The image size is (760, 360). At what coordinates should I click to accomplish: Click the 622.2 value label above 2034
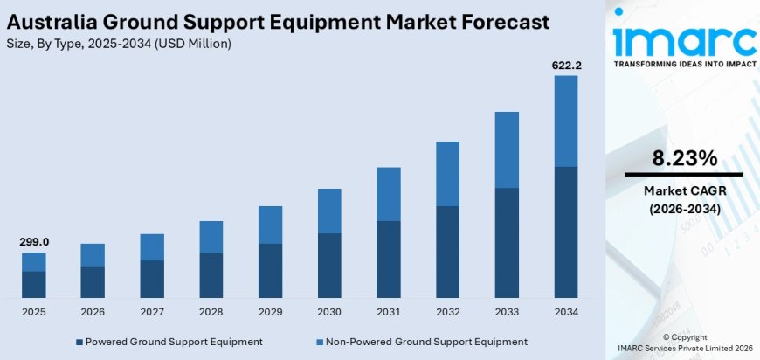tap(565, 65)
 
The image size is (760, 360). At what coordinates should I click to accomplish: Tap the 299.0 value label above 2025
tap(33, 241)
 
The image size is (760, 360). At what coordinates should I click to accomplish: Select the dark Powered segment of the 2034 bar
tap(566, 232)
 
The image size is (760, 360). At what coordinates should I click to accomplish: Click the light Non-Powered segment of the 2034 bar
tap(566, 121)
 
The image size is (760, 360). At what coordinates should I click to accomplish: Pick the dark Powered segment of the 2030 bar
tap(329, 265)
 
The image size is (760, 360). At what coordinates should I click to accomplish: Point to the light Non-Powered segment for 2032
tap(447, 173)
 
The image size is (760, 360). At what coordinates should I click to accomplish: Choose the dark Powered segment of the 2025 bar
tap(34, 284)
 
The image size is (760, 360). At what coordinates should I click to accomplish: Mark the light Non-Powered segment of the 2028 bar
tap(211, 236)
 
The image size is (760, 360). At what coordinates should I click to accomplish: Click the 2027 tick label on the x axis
tap(152, 311)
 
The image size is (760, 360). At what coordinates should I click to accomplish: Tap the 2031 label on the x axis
tap(389, 311)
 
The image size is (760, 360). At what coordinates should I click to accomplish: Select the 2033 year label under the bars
tap(507, 311)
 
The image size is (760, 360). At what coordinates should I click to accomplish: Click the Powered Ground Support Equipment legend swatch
tap(79, 342)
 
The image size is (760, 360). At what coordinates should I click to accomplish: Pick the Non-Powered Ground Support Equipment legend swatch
tap(318, 342)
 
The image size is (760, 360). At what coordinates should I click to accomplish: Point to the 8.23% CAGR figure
tap(685, 158)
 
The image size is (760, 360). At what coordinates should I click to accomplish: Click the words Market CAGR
tap(685, 190)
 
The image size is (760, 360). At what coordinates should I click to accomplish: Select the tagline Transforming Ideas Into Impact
tap(684, 64)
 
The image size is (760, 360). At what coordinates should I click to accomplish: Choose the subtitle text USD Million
tap(192, 43)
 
